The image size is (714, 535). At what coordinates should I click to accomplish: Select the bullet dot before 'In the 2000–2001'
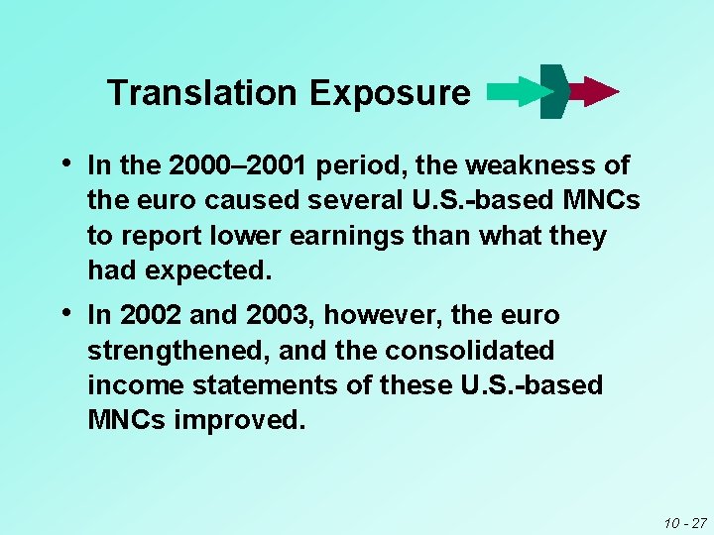pos(64,162)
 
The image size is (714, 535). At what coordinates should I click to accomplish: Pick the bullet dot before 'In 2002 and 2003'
pos(64,313)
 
